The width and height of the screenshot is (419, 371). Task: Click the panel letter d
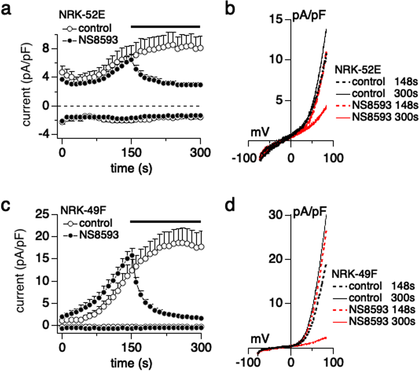pyautogui.click(x=230, y=205)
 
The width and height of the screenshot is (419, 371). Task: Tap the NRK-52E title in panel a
pyautogui.click(x=82, y=15)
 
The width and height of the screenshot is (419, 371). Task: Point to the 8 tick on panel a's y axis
pyautogui.click(x=46, y=48)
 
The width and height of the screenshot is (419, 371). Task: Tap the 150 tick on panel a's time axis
pyautogui.click(x=131, y=153)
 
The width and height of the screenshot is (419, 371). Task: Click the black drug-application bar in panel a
pyautogui.click(x=165, y=26)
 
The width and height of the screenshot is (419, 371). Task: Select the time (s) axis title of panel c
pyautogui.click(x=131, y=363)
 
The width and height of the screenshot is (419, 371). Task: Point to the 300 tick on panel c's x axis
pyautogui.click(x=201, y=348)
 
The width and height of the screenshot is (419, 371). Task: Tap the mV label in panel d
pyautogui.click(x=260, y=339)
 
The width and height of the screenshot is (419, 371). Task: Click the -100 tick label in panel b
pyautogui.click(x=244, y=158)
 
